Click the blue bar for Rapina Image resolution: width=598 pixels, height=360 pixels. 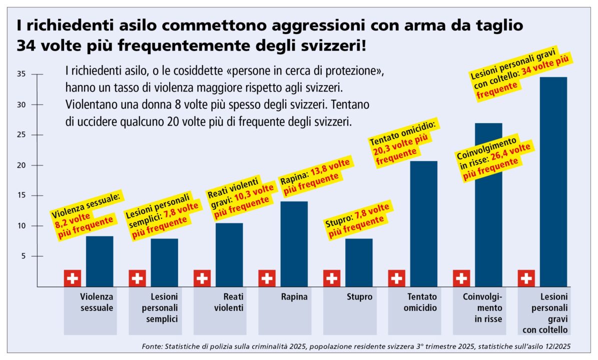pos(294,243)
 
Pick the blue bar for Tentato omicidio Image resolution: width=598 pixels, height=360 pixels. pos(423,223)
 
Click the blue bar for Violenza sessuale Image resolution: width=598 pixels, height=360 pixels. pos(100,261)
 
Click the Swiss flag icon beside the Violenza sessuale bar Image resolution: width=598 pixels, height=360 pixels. pos(73,278)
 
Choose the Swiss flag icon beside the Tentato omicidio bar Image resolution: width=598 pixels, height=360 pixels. pos(397,278)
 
